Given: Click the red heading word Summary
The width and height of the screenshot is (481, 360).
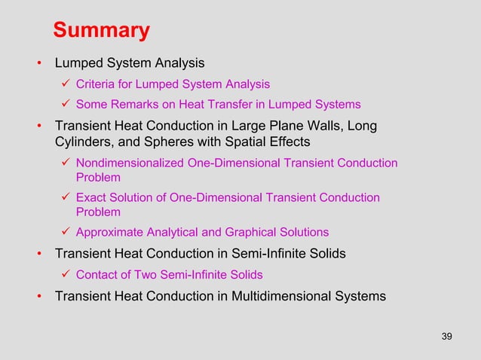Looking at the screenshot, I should coord(101,31).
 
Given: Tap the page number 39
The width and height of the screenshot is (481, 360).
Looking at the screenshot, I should coord(446,336).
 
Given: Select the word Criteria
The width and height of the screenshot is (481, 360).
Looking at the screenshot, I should coord(96,84).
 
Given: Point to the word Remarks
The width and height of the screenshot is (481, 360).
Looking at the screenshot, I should coord(133,105).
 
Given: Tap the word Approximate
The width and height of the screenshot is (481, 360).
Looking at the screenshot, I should coord(108,232).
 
